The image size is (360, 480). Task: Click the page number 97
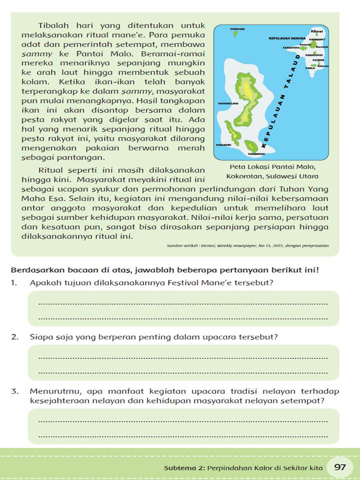pos(340,467)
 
